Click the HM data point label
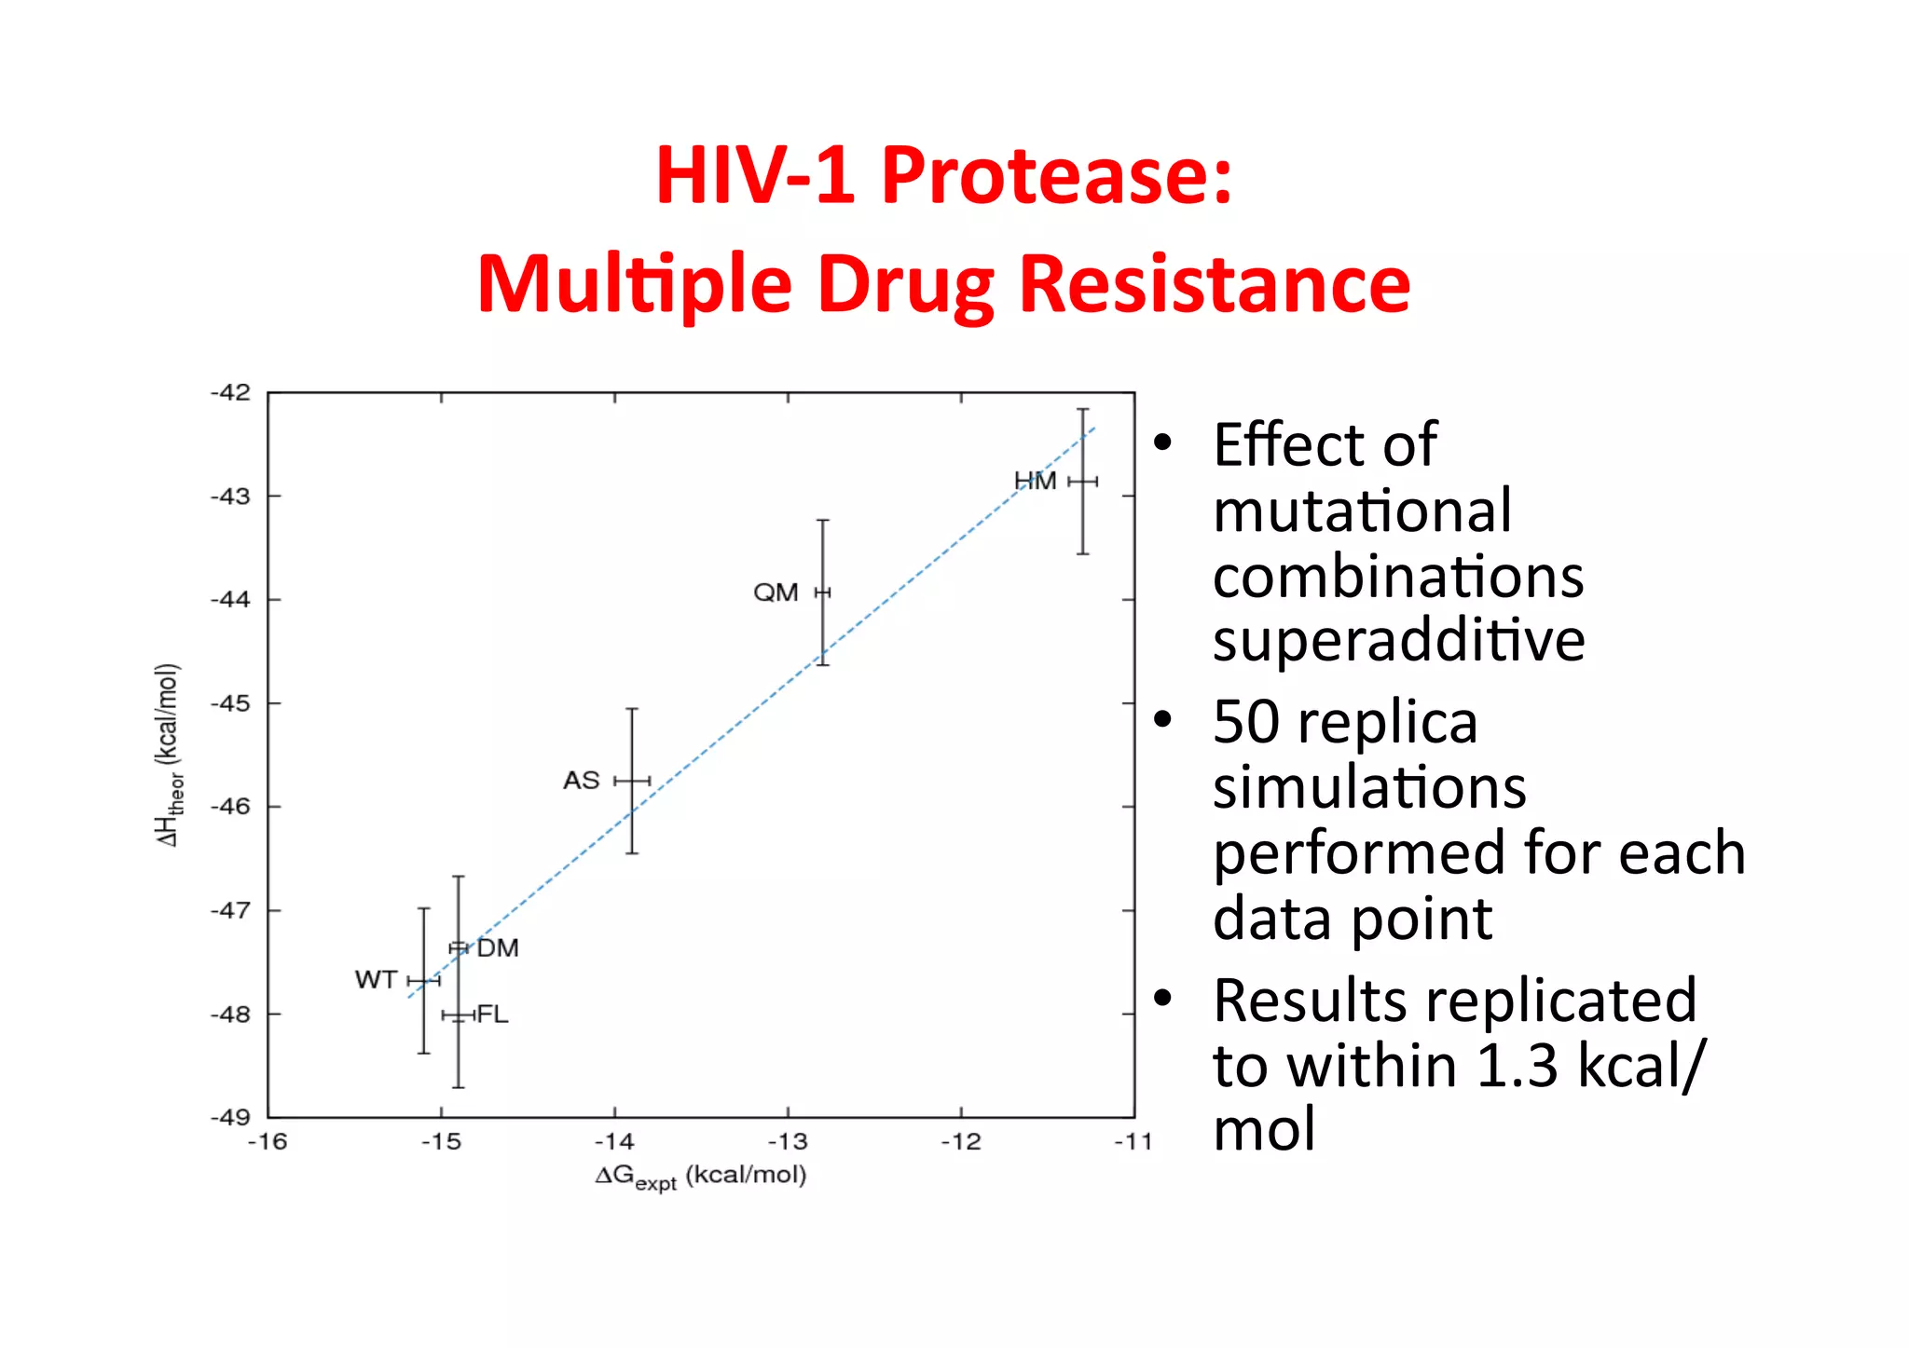click(x=1035, y=482)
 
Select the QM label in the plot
click(x=776, y=592)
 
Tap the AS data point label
click(x=582, y=781)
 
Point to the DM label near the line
click(x=498, y=948)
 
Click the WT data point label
click(x=377, y=980)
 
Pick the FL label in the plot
click(x=492, y=1014)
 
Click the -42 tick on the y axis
click(x=230, y=392)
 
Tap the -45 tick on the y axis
click(x=230, y=703)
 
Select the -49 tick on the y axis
click(x=230, y=1117)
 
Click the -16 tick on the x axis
click(x=268, y=1142)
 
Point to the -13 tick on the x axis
click(x=788, y=1142)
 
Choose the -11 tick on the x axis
click(x=1133, y=1142)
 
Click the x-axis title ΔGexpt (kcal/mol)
click(x=701, y=1177)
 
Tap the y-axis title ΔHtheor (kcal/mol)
click(x=169, y=755)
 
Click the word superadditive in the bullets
click(x=1398, y=640)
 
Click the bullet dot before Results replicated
click(x=1162, y=999)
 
